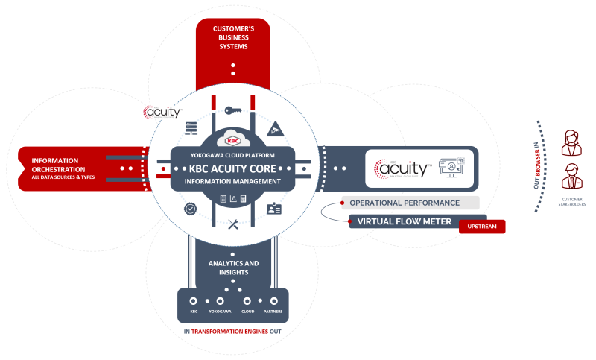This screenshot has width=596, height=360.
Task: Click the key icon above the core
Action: [x=232, y=111]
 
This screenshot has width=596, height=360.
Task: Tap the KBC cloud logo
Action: [x=232, y=139]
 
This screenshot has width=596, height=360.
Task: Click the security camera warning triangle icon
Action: [x=275, y=128]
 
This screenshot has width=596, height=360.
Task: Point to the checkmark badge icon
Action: [x=191, y=209]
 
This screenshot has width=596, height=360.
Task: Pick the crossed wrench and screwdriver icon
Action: [x=232, y=223]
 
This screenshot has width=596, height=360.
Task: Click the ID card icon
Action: [x=274, y=209]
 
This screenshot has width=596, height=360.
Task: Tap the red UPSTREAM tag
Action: [x=482, y=226]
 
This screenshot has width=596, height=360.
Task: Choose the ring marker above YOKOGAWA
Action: [x=220, y=301]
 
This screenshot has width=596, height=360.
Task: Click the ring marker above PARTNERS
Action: [x=272, y=301]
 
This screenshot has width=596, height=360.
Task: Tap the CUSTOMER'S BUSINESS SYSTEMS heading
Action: [x=232, y=37]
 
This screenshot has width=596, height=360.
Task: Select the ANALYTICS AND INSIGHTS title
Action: [x=232, y=268]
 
